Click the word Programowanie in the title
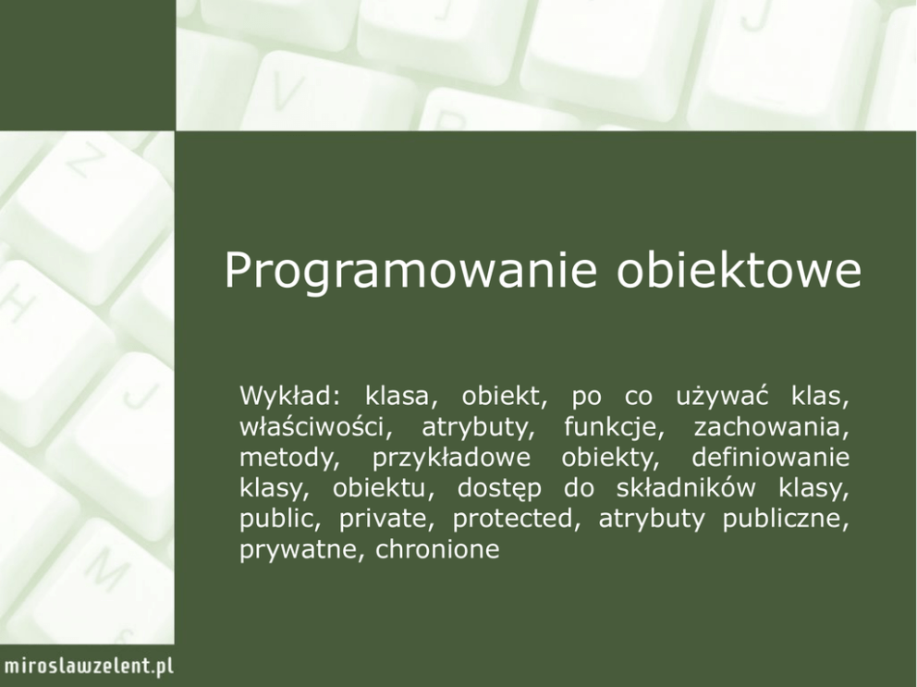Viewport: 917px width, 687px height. coord(410,271)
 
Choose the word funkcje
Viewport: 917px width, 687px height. coord(614,427)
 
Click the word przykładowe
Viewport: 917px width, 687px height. coord(451,459)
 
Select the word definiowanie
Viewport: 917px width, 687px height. coord(770,457)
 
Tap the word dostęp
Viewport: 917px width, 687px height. coord(499,488)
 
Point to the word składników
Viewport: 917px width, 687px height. coord(686,487)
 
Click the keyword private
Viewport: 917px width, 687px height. coord(386,519)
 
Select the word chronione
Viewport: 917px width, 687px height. coord(437,549)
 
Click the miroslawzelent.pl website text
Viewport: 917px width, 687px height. coord(89,667)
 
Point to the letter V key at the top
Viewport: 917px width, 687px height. coord(287,91)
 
